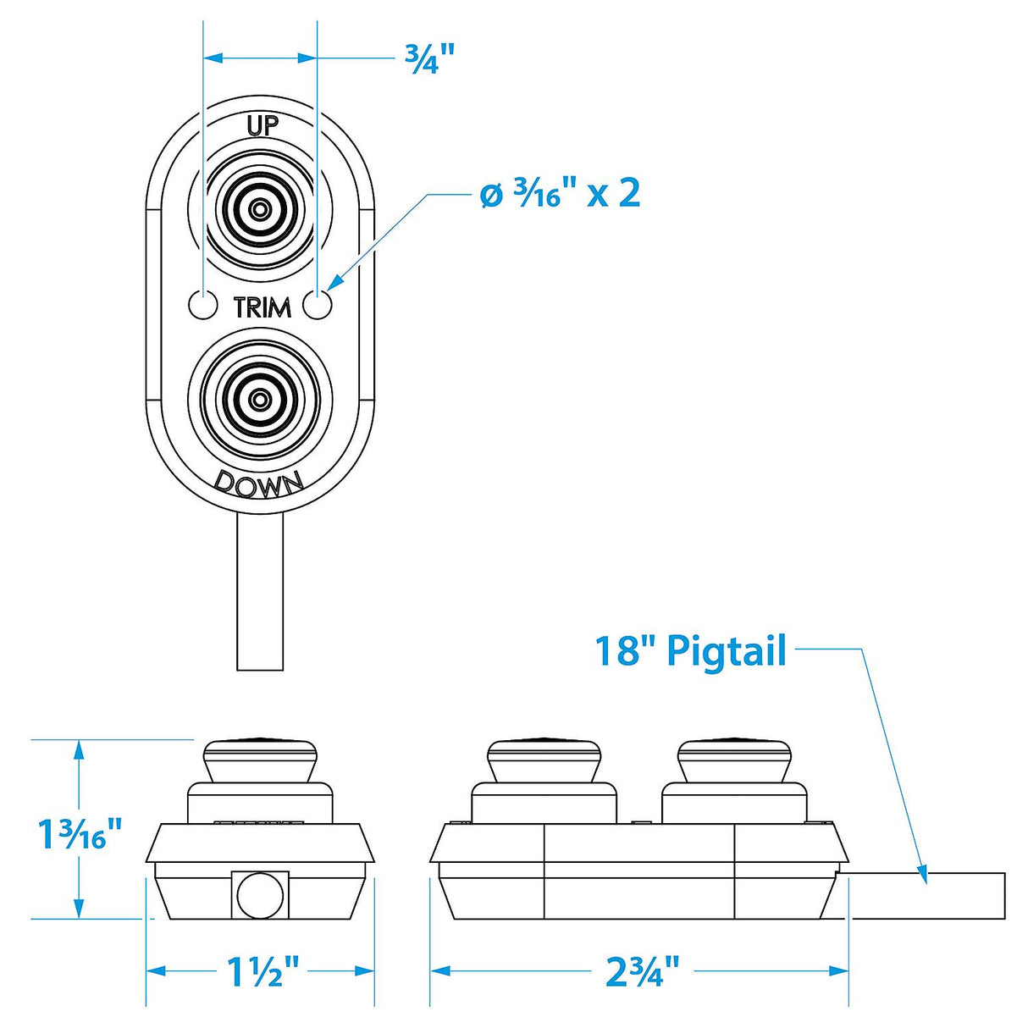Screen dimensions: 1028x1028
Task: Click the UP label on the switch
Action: (x=262, y=125)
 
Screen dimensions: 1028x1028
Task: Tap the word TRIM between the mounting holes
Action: (x=262, y=307)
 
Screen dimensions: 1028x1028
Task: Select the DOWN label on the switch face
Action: (x=259, y=484)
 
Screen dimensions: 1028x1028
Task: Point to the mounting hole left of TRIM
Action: (x=203, y=305)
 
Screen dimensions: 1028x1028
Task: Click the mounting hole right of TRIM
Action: (x=318, y=305)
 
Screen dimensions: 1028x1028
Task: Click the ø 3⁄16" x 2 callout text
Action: (x=560, y=194)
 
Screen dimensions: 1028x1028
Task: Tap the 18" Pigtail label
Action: (x=690, y=650)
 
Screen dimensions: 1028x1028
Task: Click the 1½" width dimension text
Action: (x=263, y=972)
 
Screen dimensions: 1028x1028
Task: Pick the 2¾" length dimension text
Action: (x=643, y=972)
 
